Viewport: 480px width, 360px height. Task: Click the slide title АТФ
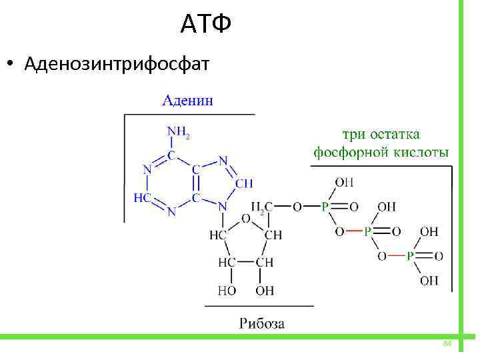206,25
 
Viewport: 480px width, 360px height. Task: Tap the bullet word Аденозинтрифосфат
117,65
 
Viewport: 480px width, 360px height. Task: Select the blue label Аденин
189,101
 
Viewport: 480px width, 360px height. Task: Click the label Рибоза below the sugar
261,324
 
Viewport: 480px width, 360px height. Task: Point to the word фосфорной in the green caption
349,153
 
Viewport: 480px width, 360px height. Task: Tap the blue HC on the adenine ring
143,198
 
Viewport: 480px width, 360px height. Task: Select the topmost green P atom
325,207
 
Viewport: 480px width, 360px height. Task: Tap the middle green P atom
367,231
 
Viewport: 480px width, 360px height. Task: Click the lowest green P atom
411,256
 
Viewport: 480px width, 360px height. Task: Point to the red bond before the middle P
354,231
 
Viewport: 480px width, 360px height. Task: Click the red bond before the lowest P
397,256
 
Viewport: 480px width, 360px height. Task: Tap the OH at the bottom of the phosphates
429,281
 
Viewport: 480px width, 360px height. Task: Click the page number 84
447,343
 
